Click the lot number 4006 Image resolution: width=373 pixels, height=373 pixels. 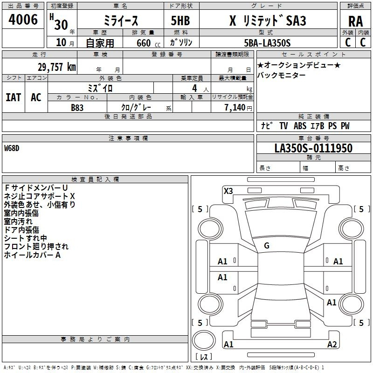tap(23, 20)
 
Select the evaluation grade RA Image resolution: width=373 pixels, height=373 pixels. tap(355, 21)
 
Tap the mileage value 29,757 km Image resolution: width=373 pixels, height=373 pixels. tap(57, 67)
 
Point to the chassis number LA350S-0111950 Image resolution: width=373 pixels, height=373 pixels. tap(313, 148)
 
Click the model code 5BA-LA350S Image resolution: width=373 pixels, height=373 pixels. tap(267, 43)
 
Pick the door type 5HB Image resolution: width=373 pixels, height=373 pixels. tap(180, 21)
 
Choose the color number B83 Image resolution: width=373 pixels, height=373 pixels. tap(77, 108)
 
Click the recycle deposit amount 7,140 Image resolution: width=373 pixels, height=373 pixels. tap(235, 108)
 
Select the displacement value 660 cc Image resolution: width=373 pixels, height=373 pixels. tap(148, 43)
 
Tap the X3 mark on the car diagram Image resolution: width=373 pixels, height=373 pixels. tap(228, 191)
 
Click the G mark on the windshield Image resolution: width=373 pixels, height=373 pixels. tap(267, 246)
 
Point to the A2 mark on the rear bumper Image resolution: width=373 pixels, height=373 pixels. tap(332, 345)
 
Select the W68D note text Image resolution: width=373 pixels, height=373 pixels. tap(12, 148)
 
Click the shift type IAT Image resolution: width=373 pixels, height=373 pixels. tap(14, 97)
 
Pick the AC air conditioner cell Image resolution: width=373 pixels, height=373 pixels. tap(36, 97)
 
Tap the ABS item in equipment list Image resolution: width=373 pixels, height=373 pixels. tap(300, 126)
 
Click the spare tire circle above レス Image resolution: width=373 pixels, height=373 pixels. tap(204, 340)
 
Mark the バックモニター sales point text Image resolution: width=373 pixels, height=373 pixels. tap(281, 76)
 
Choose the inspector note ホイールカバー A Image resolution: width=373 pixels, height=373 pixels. tap(32, 255)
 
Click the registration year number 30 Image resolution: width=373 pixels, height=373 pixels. tap(61, 25)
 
